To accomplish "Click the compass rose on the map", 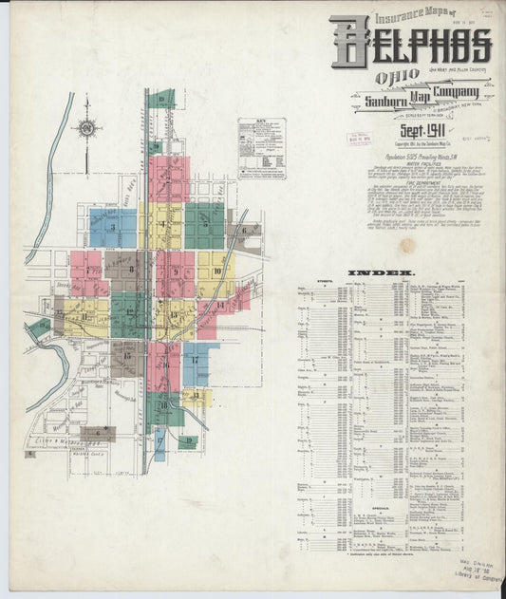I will tap(86, 126).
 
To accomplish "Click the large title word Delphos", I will tap(410, 44).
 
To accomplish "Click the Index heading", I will tap(388, 272).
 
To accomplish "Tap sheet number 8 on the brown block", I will tap(130, 271).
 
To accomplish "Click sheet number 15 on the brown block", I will tap(125, 359).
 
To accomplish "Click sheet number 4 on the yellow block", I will tap(164, 225).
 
